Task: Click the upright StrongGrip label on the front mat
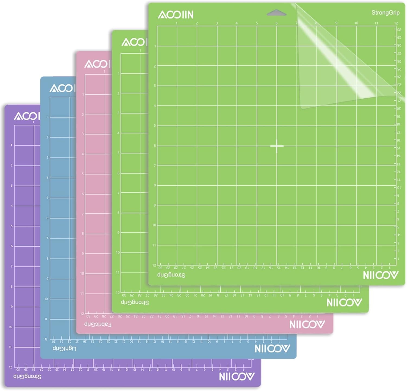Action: tap(385, 12)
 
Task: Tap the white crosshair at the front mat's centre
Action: tap(277, 146)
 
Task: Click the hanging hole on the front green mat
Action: tap(276, 12)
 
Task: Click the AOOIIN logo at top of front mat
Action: tap(176, 15)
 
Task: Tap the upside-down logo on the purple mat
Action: tap(237, 376)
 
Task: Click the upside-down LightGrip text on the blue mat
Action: tap(64, 348)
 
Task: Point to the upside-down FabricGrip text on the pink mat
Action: tap(98, 324)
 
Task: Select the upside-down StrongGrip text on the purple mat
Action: tap(27, 377)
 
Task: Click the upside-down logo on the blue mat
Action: tap(272, 349)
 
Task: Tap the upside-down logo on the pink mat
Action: tap(307, 325)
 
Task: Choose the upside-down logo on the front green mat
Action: tap(380, 275)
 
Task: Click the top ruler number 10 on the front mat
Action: tap(356, 23)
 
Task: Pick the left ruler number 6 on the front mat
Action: tap(155, 146)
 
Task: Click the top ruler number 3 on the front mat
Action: tap(217, 23)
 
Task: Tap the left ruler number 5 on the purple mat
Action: tap(12, 226)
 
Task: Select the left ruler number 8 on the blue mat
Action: tap(47, 259)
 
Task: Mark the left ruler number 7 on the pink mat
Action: tap(83, 214)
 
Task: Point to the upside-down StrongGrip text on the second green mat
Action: tap(135, 302)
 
